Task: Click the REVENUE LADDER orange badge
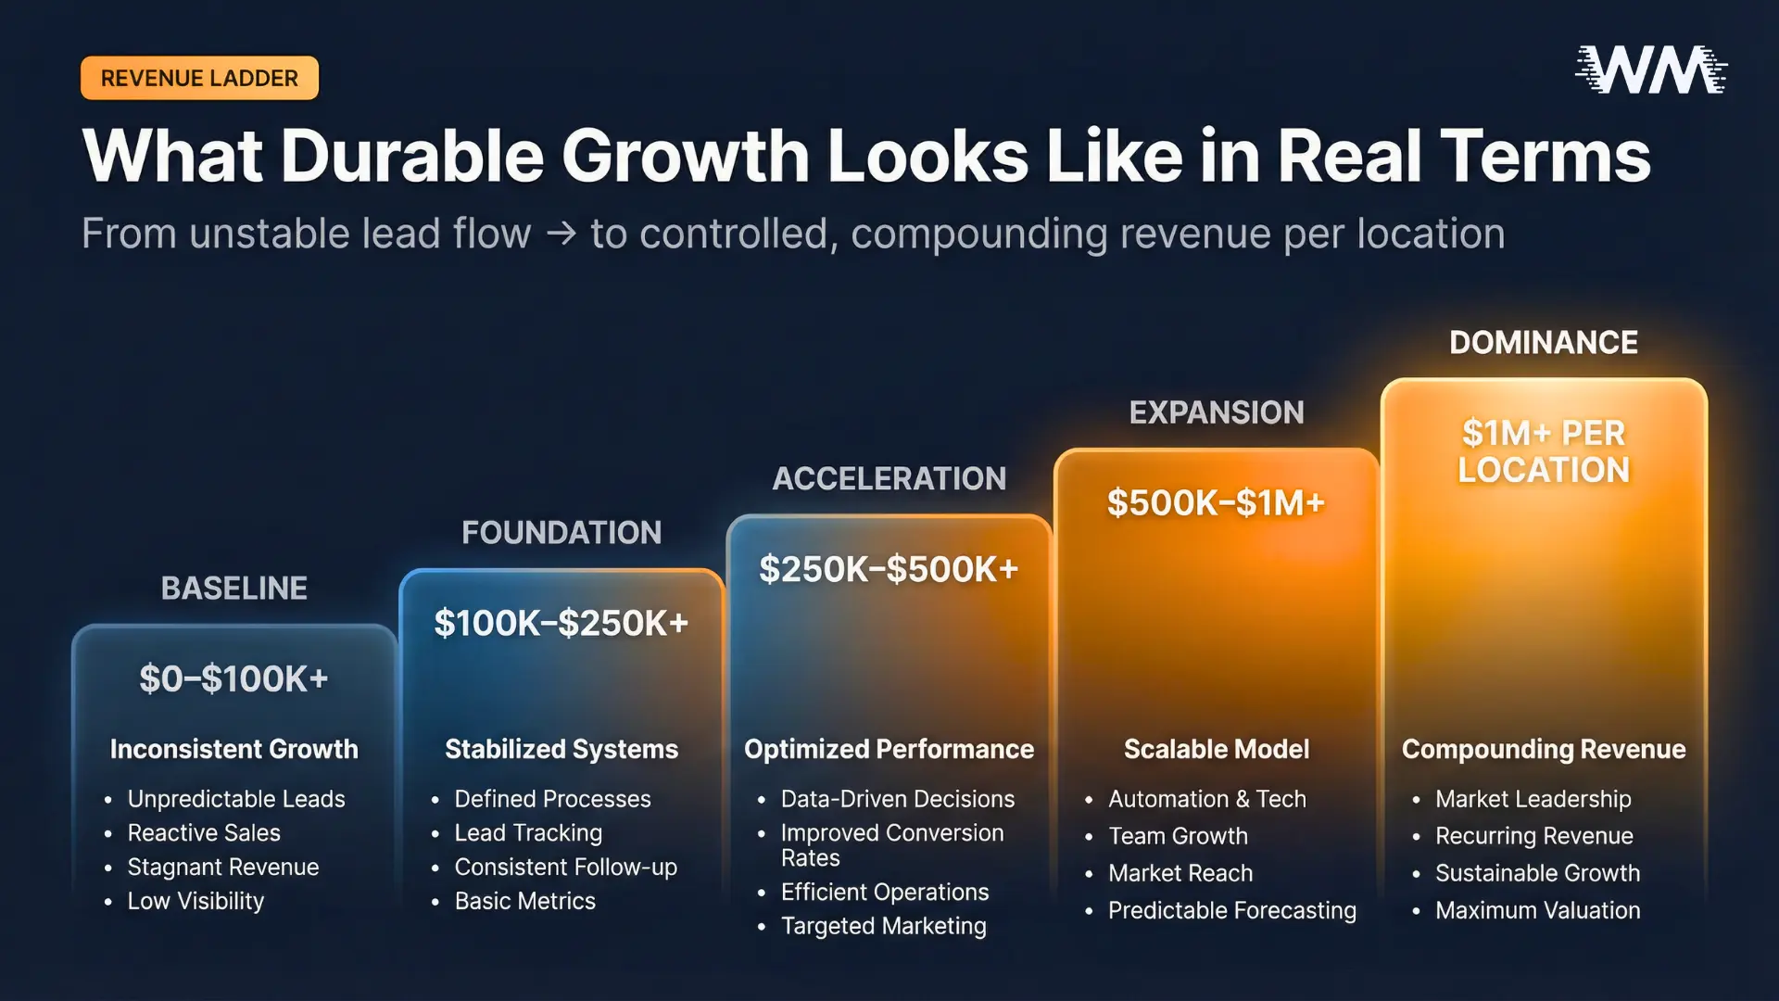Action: [x=199, y=79]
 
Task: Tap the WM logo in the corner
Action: [x=1650, y=70]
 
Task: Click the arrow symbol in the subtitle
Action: [x=561, y=234]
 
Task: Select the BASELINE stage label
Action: [x=233, y=589]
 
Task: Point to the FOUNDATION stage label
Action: [x=561, y=533]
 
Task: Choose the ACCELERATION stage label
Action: [x=889, y=479]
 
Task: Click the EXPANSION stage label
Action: [x=1216, y=412]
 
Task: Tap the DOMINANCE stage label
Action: [x=1543, y=343]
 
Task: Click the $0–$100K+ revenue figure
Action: [x=233, y=679]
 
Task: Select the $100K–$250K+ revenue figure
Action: [x=561, y=624]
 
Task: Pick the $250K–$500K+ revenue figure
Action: [x=889, y=569]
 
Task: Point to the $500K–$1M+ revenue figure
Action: [x=1216, y=503]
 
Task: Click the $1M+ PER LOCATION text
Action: [x=1543, y=452]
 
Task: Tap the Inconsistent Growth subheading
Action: [x=233, y=749]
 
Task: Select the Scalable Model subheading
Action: [x=1216, y=749]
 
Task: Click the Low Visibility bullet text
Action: [x=196, y=901]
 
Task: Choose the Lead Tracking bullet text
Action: [x=528, y=833]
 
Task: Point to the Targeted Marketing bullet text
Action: [x=883, y=926]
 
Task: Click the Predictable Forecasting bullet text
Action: [x=1231, y=910]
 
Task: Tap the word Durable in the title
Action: [x=412, y=156]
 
